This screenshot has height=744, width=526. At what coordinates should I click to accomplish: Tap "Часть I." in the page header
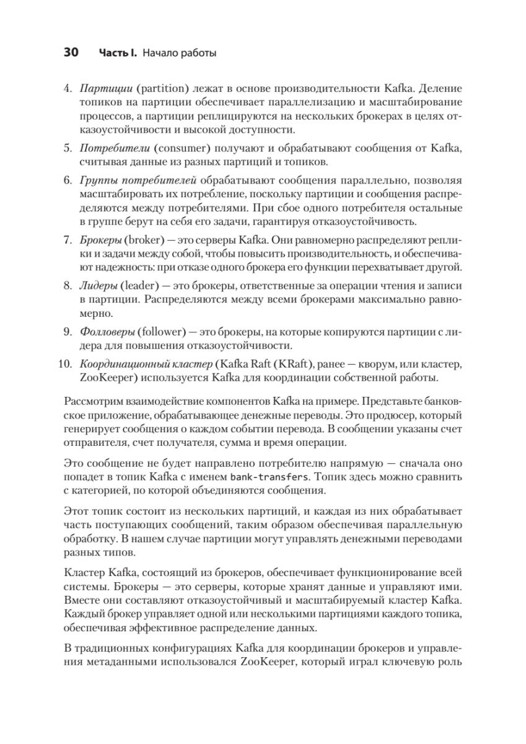[118, 54]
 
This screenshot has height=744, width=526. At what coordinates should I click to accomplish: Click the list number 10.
[66, 362]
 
